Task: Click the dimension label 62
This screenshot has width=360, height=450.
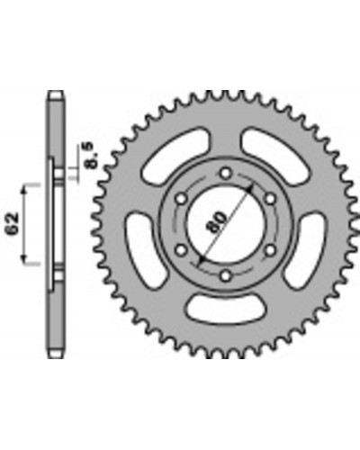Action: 13,224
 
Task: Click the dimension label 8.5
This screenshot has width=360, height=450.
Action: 90,155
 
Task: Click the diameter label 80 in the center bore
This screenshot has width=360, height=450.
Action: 217,222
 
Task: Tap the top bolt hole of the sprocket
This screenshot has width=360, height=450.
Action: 226,173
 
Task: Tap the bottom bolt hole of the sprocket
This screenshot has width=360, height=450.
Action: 226,275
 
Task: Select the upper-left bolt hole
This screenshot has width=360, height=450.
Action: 181,199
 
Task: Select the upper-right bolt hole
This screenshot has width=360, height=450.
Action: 270,199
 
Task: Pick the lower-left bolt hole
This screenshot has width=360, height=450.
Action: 181,250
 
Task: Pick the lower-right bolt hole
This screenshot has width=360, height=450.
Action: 270,250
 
